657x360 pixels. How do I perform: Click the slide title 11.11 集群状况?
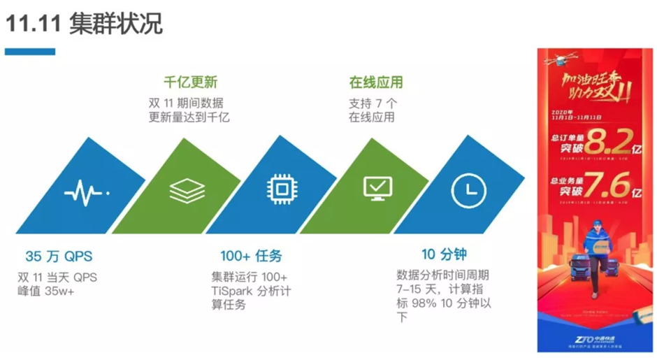84,24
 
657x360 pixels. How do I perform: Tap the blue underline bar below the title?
30,52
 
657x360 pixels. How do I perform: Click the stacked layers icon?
187,189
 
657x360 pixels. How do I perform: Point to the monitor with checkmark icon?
378,188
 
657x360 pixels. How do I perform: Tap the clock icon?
468,189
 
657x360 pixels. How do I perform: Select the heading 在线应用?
376,82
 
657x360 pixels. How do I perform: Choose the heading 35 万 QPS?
59,256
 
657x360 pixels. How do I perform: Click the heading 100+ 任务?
251,256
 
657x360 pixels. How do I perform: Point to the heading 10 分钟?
444,254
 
